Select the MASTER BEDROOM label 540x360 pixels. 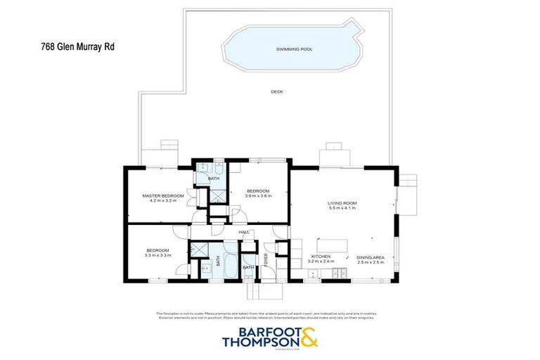162,195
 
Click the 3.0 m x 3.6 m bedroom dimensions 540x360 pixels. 258,195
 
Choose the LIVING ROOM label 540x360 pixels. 342,203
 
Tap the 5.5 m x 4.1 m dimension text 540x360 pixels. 342,209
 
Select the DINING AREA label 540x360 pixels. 370,257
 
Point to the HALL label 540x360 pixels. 244,231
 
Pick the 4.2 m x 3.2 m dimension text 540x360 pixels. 162,200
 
